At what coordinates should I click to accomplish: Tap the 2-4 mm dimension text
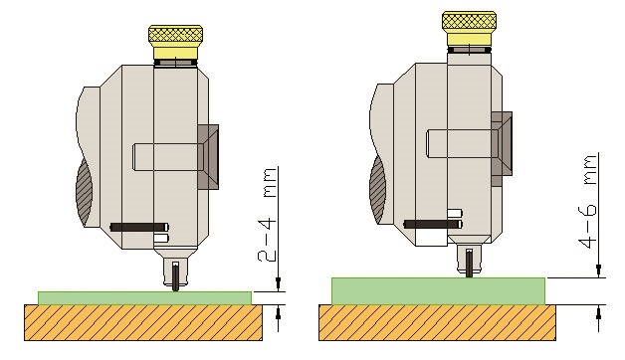point(267,215)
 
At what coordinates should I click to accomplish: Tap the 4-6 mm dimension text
point(588,202)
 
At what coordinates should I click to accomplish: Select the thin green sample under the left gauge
point(144,298)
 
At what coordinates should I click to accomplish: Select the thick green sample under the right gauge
point(439,291)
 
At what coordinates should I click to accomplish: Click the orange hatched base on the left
point(143,322)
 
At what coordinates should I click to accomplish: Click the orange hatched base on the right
point(437,322)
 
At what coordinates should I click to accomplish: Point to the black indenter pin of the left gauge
point(175,276)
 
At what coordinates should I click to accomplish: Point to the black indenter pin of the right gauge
point(470,263)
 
